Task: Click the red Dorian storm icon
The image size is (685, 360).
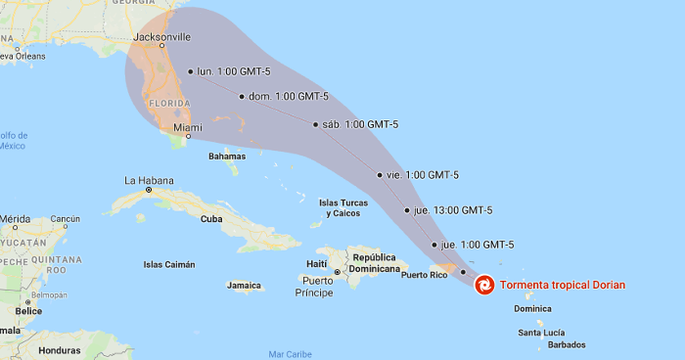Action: tap(484, 286)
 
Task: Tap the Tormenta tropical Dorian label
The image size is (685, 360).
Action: tap(562, 286)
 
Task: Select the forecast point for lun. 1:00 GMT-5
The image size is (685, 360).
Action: tap(191, 71)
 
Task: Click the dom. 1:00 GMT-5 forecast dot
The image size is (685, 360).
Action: tap(242, 96)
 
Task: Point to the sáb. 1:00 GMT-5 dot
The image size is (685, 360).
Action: tap(316, 124)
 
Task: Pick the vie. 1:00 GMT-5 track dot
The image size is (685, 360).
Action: tap(380, 175)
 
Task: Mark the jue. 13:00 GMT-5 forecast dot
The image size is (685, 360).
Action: tap(407, 210)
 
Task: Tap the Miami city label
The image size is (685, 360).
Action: tap(188, 128)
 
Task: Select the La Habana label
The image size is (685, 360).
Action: tap(149, 180)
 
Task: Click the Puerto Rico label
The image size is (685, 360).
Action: tap(424, 275)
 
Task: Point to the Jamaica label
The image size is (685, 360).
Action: tap(245, 286)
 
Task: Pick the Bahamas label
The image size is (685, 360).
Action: tap(227, 156)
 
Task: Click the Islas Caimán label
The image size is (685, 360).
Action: tap(169, 264)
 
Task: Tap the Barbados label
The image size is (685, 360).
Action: tap(567, 344)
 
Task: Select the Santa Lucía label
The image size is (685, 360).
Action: tap(541, 333)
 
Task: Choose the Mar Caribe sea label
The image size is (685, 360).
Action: tap(290, 353)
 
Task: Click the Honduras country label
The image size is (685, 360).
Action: tap(59, 349)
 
